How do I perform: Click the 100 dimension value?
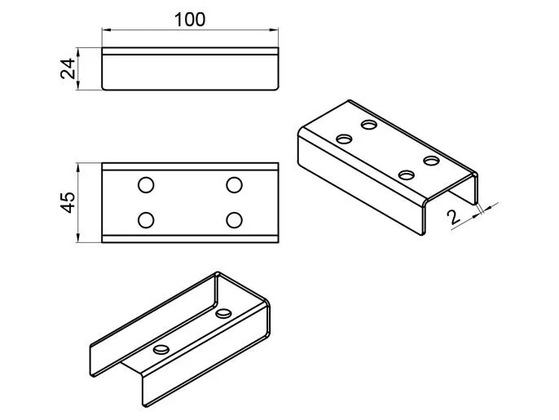[x=190, y=20]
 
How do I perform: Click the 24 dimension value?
[x=68, y=69]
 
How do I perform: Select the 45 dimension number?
[x=68, y=202]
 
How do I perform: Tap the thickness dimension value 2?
[x=454, y=217]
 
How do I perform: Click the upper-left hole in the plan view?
[x=146, y=185]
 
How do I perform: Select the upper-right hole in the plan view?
[x=234, y=185]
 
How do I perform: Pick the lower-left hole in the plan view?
[x=146, y=220]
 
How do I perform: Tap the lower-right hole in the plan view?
[x=234, y=220]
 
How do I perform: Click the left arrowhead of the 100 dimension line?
[x=106, y=30]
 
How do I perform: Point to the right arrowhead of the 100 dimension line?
[x=274, y=30]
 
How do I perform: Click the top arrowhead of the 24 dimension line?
[x=78, y=52]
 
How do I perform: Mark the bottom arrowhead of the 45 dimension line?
[x=78, y=238]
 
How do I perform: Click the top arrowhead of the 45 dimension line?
[x=78, y=168]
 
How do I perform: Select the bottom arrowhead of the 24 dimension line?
[x=78, y=86]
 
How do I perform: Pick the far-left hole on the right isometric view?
[x=344, y=139]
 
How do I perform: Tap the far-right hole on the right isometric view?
[x=431, y=161]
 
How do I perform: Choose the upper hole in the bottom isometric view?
[x=223, y=313]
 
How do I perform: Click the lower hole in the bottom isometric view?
[x=161, y=349]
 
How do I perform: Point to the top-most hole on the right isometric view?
[x=369, y=125]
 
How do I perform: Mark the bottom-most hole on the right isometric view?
[x=407, y=175]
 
